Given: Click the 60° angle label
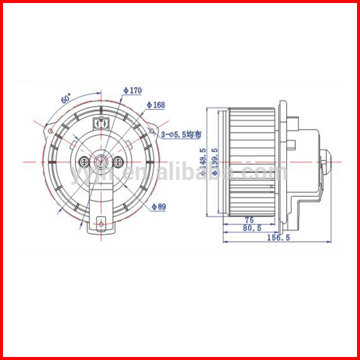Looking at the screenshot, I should tap(66, 98).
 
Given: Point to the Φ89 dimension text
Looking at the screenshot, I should tap(159, 206).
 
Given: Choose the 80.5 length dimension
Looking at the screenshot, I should tap(252, 229).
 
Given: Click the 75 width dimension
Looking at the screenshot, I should tap(248, 220).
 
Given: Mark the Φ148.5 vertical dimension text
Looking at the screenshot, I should tap(203, 162).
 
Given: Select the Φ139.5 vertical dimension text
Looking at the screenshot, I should tap(214, 162).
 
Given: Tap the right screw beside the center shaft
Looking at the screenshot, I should tap(119, 161).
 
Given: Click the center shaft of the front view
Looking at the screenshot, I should tap(101, 161).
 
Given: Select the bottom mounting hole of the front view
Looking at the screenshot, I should tap(101, 225).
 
